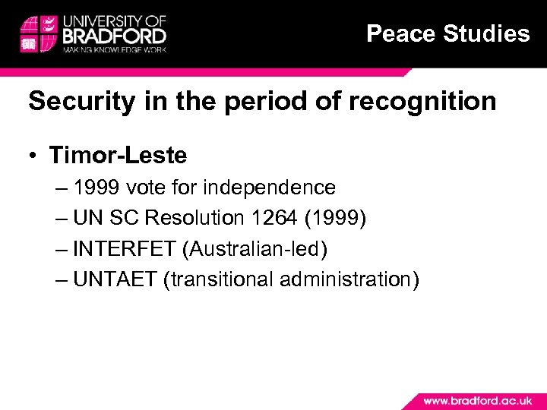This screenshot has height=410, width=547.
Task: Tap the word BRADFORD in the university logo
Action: pyautogui.click(x=115, y=36)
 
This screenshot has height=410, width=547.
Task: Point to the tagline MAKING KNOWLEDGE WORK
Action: pyautogui.click(x=115, y=49)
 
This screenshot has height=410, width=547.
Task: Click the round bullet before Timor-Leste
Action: pyautogui.click(x=35, y=156)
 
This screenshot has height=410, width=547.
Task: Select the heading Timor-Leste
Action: pyautogui.click(x=118, y=156)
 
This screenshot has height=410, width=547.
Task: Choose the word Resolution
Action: pyautogui.click(x=194, y=218)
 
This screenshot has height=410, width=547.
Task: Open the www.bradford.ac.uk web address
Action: pyautogui.click(x=477, y=399)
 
